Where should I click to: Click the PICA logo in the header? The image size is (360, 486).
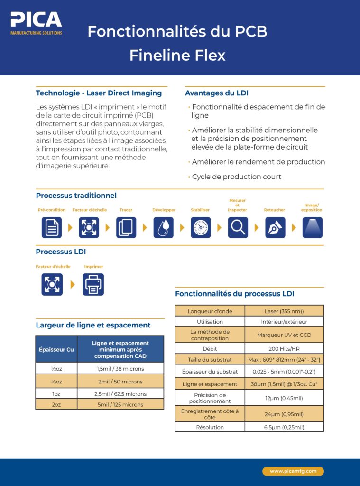[x=37, y=23]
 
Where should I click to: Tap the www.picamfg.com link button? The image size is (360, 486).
[x=293, y=471]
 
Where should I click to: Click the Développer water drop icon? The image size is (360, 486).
[x=163, y=227]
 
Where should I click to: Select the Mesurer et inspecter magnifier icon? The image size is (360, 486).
[x=238, y=227]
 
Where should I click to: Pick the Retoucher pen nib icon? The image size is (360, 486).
[x=275, y=227]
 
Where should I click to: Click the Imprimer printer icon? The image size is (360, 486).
[x=93, y=285]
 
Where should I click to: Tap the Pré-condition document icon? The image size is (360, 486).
[x=52, y=227]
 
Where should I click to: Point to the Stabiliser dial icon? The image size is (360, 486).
[x=201, y=227]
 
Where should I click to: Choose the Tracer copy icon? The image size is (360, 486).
[x=126, y=227]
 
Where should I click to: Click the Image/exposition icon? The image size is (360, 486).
[x=312, y=227]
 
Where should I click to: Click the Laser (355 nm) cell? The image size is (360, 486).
[x=284, y=311]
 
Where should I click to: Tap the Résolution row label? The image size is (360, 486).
[x=210, y=427]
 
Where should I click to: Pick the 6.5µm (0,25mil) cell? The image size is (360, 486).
[x=284, y=427]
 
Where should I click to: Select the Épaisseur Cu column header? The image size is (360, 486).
[x=56, y=349]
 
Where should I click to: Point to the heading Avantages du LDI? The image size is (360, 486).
[x=217, y=93]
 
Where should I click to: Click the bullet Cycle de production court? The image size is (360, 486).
[x=236, y=177]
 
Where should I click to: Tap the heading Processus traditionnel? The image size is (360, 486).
[x=76, y=196]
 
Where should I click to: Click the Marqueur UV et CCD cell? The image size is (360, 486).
[x=284, y=335]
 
